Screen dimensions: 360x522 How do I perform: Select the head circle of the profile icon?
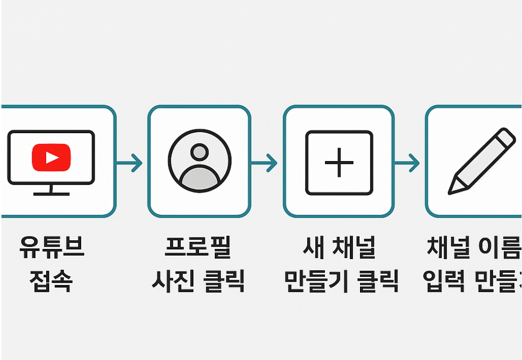click(199, 152)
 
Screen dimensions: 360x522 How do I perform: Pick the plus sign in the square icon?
click(339, 162)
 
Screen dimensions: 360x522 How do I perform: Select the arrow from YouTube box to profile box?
click(130, 163)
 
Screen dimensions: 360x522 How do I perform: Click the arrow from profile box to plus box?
click(265, 163)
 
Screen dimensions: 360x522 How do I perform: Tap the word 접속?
click(50, 281)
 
